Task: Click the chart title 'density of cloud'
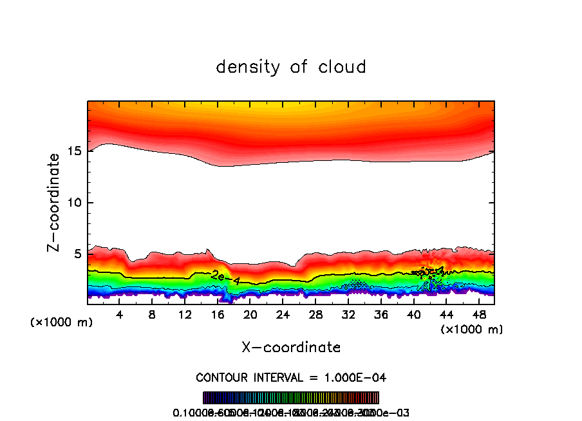291,67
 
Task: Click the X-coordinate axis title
291,348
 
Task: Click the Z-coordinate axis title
55,202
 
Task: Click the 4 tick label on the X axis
120,315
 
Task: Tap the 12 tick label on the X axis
185,315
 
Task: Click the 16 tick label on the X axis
218,315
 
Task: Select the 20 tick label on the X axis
250,315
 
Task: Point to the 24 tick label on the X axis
283,315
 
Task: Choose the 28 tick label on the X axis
315,315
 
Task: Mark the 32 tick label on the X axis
348,315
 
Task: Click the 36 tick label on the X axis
380,315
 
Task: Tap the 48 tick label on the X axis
478,315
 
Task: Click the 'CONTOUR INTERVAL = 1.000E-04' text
291,377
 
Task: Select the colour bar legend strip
291,398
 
